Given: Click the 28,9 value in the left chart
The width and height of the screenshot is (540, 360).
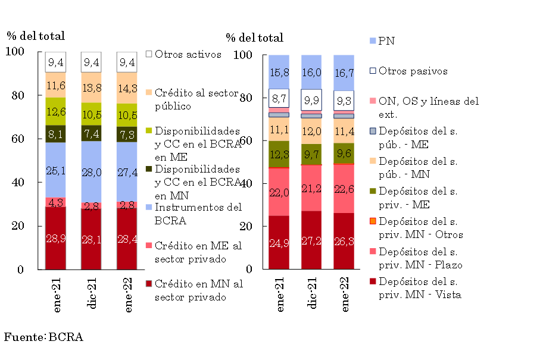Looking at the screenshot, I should click(x=56, y=239).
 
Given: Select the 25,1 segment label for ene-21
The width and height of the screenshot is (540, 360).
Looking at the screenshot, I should click(x=56, y=171).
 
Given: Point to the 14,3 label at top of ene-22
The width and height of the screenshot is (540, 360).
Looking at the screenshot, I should click(x=126, y=88).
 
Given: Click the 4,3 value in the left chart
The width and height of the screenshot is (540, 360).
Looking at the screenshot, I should click(x=56, y=202).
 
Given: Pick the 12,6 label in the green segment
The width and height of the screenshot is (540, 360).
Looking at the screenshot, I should click(x=56, y=111).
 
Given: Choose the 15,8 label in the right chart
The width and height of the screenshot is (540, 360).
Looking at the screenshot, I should click(x=279, y=73).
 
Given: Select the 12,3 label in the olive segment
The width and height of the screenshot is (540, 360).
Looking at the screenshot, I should click(x=279, y=155).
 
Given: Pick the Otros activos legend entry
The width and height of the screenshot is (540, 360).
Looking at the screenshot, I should click(x=183, y=54).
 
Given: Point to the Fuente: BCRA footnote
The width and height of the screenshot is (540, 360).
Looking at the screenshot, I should click(x=43, y=337).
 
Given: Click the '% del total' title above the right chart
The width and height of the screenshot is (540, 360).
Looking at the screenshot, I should click(x=254, y=38).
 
